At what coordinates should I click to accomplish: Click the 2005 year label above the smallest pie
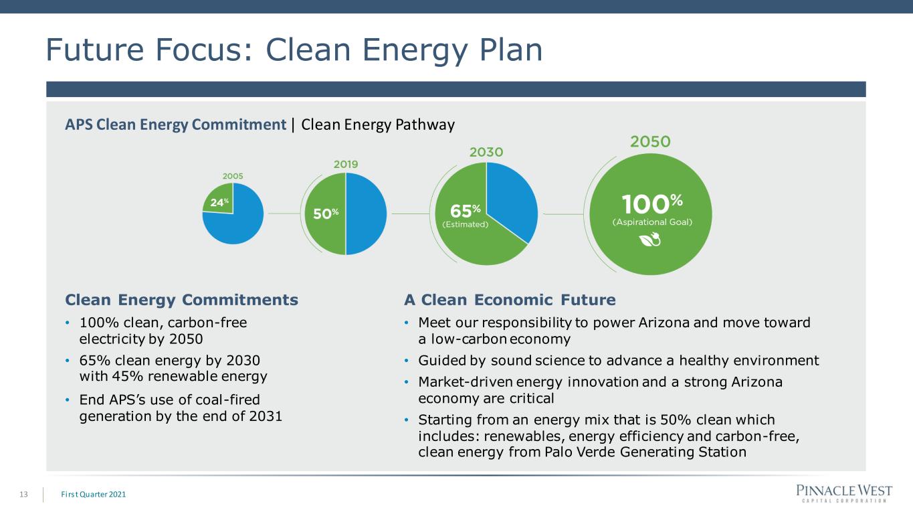[x=233, y=176]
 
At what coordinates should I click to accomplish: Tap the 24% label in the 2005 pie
[x=219, y=202]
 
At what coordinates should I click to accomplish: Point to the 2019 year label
[x=346, y=164]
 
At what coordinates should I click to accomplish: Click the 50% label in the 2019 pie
[x=326, y=213]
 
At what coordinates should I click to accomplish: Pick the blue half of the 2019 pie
[x=366, y=213]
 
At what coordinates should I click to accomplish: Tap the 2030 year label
[x=486, y=152]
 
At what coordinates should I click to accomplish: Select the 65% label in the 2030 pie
[x=465, y=211]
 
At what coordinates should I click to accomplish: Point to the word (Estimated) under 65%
[x=465, y=224]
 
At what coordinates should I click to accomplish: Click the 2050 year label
[x=650, y=142]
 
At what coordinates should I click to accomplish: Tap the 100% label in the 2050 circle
[x=652, y=203]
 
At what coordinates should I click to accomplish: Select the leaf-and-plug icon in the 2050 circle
[x=650, y=240]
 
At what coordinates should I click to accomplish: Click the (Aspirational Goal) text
[x=652, y=222]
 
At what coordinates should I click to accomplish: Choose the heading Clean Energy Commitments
[x=182, y=300]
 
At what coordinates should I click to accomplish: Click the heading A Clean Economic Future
[x=510, y=300]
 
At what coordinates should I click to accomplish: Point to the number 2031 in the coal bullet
[x=266, y=416]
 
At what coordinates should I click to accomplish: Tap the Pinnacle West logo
[x=844, y=493]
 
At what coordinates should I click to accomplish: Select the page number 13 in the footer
[x=23, y=495]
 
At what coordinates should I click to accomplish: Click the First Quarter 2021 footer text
[x=94, y=495]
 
